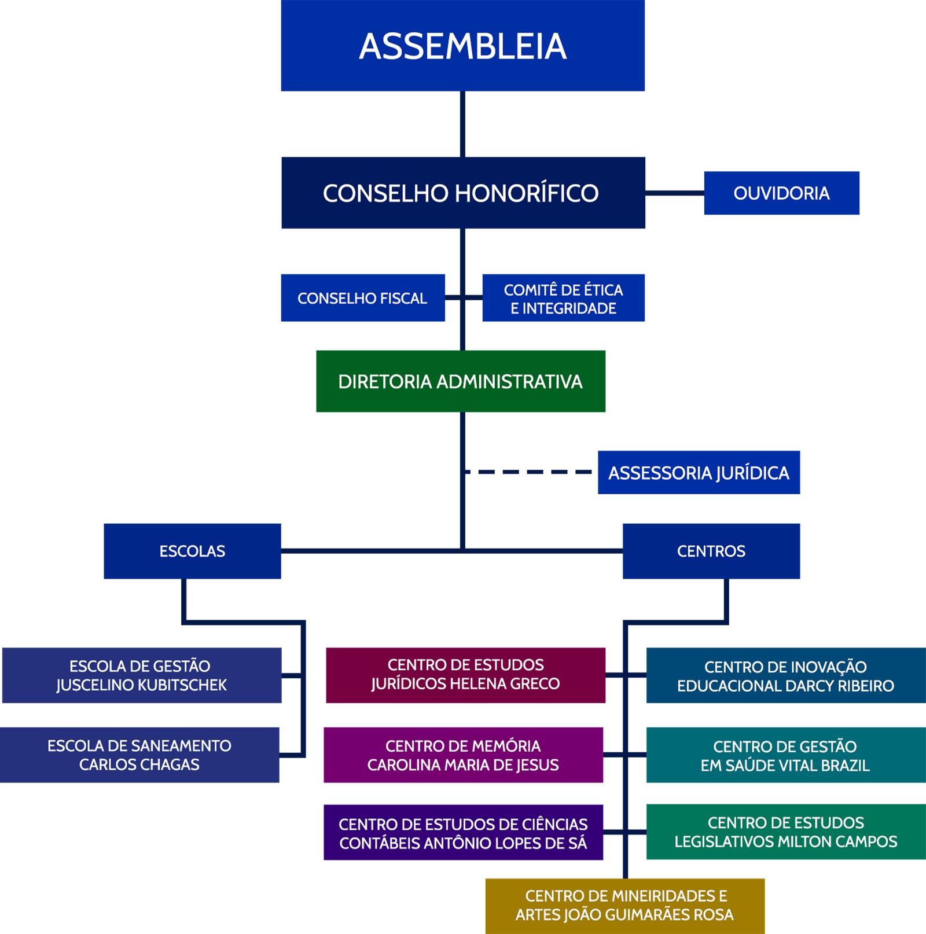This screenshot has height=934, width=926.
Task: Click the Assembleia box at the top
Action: point(463,46)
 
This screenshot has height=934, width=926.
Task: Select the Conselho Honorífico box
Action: point(463,193)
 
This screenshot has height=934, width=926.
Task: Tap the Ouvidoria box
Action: point(781,193)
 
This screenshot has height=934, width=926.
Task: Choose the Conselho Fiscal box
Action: point(363,298)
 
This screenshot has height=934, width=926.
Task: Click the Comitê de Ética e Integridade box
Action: point(563,298)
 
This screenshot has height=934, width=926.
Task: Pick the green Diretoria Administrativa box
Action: point(461,381)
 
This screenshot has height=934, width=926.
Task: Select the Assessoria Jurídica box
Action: point(699,472)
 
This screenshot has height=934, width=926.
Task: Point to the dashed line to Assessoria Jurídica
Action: point(530,472)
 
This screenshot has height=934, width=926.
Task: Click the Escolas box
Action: point(193,551)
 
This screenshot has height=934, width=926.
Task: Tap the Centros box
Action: point(711,551)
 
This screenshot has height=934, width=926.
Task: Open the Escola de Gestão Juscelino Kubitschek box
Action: point(141,675)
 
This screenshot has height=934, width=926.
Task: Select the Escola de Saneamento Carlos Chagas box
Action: point(139,755)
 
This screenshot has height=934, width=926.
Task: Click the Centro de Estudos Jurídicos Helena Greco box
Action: point(466,674)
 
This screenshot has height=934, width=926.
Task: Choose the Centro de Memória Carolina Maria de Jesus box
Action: point(464,755)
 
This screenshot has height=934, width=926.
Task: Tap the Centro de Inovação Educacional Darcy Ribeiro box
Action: point(785,675)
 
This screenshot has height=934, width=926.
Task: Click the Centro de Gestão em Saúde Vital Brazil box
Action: point(785,755)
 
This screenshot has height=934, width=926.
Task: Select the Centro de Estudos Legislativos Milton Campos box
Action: point(785,832)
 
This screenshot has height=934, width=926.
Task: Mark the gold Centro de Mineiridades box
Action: point(625,905)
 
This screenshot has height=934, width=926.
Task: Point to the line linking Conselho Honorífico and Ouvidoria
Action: point(674,193)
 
